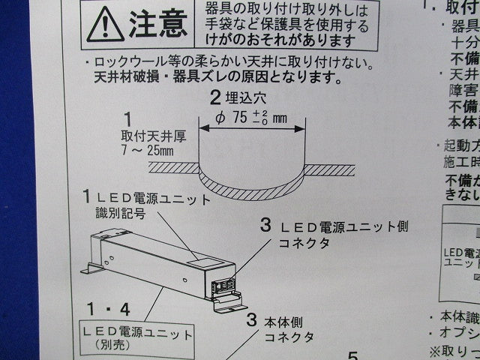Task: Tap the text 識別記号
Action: click(120, 214)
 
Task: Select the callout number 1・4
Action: click(108, 309)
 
